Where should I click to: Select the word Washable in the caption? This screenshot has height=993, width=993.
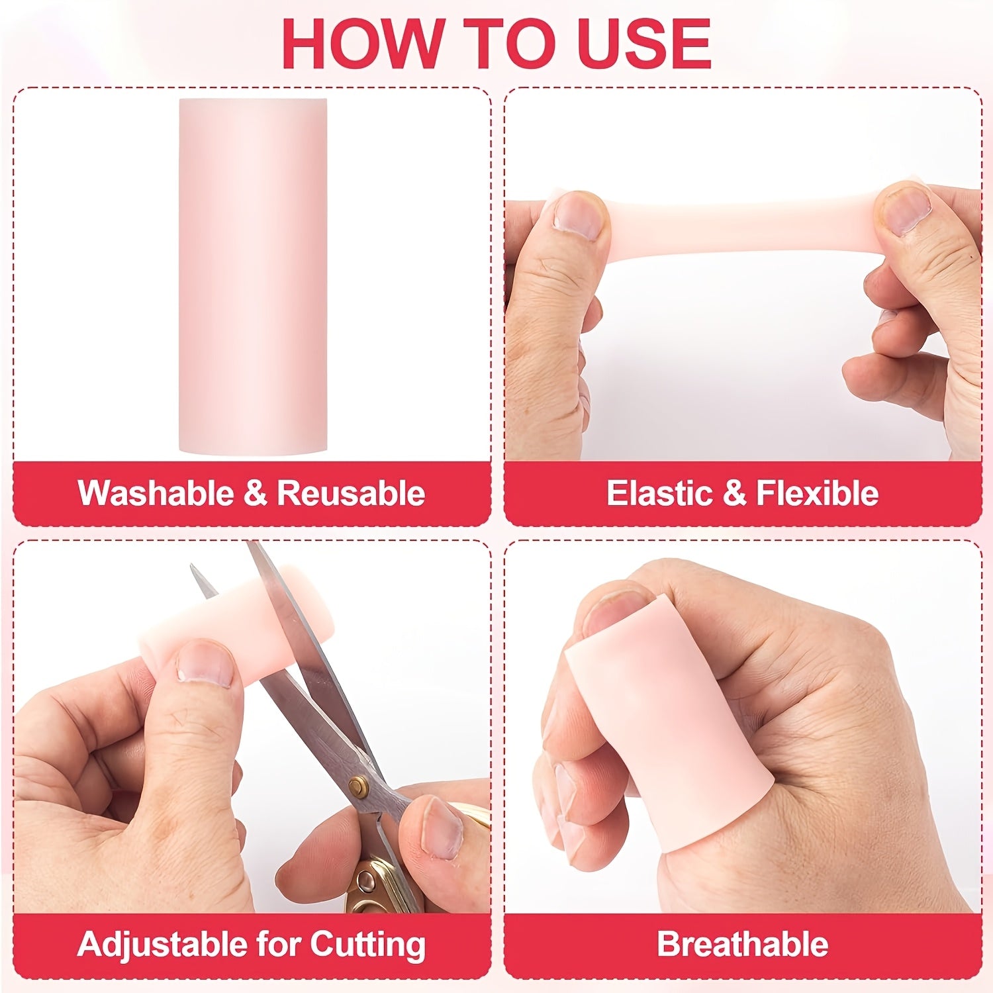(x=155, y=493)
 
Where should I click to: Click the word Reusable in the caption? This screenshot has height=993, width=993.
(x=351, y=493)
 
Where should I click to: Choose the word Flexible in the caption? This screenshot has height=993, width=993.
(x=818, y=493)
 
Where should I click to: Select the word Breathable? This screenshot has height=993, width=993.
(x=742, y=944)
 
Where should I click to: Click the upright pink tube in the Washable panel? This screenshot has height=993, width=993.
(x=253, y=276)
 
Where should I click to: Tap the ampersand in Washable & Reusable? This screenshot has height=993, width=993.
(x=254, y=493)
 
